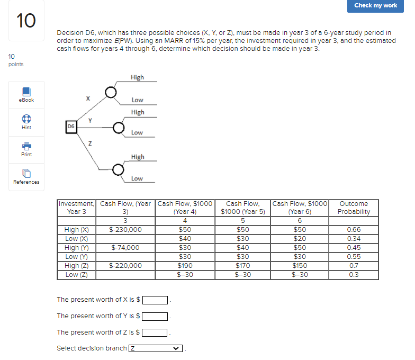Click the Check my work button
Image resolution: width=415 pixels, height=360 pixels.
point(375,5)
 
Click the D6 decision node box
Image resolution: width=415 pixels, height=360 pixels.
point(70,126)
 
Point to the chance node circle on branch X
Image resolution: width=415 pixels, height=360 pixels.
point(111,92)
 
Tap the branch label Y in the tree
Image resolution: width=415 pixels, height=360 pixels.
point(90,121)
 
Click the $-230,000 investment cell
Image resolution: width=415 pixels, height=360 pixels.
point(125,230)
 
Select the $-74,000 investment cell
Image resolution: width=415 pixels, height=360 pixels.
point(125,248)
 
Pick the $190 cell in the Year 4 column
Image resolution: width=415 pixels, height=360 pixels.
point(185,266)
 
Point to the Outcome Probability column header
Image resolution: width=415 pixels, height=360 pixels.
point(354,208)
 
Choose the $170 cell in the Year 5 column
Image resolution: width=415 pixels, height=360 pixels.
point(242,266)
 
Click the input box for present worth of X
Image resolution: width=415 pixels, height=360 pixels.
point(155,300)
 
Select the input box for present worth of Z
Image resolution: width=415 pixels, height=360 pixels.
point(155,333)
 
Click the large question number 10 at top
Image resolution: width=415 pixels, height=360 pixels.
point(26,21)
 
